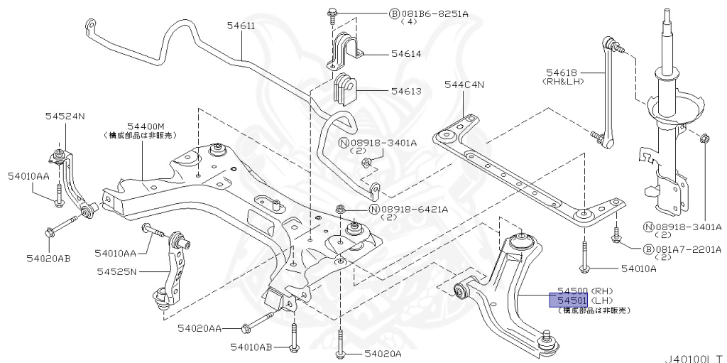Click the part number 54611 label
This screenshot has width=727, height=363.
[x=241, y=26]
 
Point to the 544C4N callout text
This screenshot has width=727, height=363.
[x=464, y=85]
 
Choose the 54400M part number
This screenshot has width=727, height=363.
[x=146, y=125]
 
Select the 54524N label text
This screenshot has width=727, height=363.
[x=65, y=116]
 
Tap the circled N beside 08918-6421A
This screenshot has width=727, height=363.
[x=374, y=209]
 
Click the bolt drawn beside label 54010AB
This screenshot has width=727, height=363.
[x=294, y=337]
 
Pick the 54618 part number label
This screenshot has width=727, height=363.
[x=562, y=72]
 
